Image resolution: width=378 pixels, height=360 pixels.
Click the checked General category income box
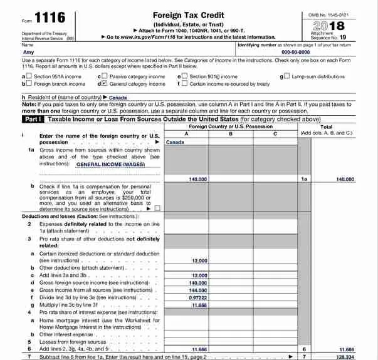105,83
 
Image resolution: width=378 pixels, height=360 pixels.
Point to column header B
230,133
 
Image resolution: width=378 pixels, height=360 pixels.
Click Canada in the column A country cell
175,142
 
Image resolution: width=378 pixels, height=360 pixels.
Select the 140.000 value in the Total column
344,179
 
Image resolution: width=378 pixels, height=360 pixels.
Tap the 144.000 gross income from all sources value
198,291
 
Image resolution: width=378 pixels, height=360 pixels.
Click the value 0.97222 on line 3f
198,298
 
